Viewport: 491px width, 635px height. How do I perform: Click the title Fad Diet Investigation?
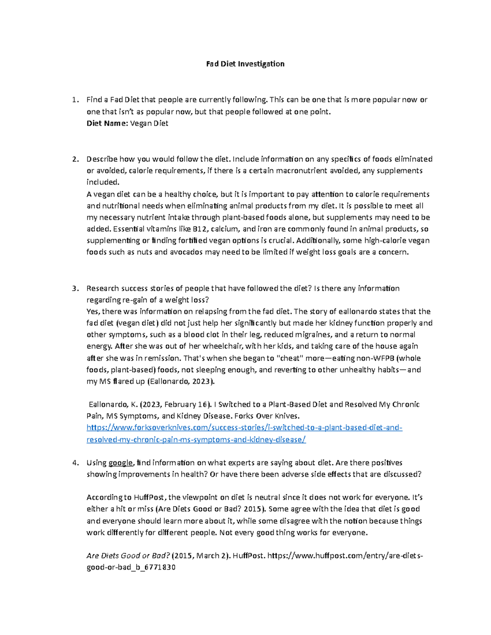[x=245, y=64]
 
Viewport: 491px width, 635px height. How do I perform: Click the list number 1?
[x=74, y=100]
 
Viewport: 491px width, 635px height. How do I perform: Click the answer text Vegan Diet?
[x=149, y=123]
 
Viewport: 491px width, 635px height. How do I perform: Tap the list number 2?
[x=74, y=159]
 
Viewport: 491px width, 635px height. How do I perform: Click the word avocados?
[x=186, y=252]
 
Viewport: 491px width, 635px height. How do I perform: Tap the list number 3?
[x=74, y=288]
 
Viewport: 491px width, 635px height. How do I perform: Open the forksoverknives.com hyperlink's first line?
[x=244, y=428]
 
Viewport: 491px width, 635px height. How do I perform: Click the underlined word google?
[x=120, y=463]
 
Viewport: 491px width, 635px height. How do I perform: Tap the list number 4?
[x=74, y=463]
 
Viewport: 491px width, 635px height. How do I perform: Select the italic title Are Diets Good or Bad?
[x=128, y=556]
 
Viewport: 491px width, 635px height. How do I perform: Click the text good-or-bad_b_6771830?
[x=131, y=568]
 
